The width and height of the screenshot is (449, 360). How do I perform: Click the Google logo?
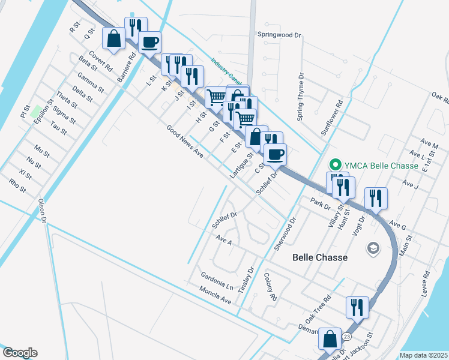(x=20, y=353)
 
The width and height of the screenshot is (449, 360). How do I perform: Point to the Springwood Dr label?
(x=279, y=35)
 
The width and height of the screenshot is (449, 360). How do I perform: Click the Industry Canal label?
(x=226, y=71)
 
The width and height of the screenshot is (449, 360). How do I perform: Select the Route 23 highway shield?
(x=346, y=337)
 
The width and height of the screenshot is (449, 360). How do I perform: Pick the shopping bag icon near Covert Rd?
(x=113, y=39)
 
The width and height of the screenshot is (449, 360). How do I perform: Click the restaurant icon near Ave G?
(x=376, y=198)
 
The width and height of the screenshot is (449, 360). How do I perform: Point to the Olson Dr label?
(x=42, y=211)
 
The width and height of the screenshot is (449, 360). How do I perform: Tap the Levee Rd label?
(x=426, y=282)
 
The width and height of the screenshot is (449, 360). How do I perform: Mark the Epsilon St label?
(x=41, y=112)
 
